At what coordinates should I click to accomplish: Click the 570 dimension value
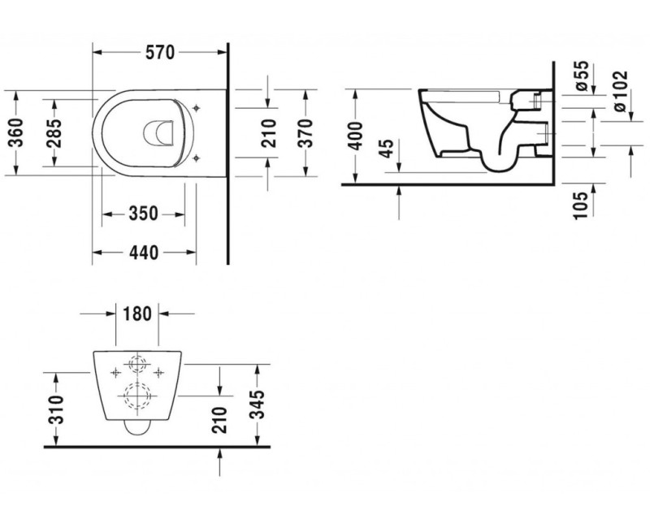click(x=160, y=53)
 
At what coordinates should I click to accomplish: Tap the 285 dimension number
click(x=54, y=132)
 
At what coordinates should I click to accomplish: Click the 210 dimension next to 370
click(x=269, y=132)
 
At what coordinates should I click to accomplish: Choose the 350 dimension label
click(x=143, y=214)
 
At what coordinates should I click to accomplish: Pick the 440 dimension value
click(x=143, y=253)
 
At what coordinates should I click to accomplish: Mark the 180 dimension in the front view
click(x=136, y=313)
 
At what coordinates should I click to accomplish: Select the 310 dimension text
click(x=54, y=408)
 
